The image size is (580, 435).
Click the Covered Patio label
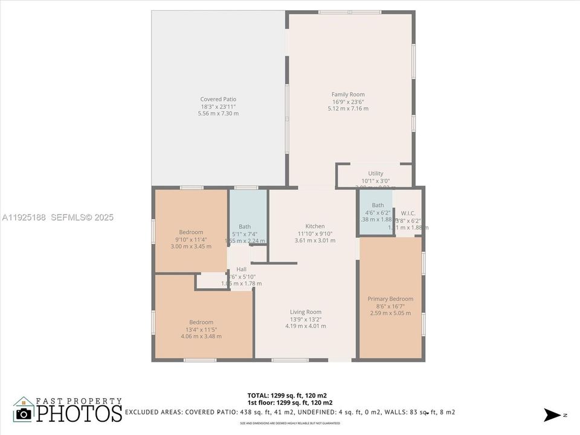pyautogui.click(x=218, y=99)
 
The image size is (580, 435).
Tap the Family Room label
pyautogui.click(x=348, y=94)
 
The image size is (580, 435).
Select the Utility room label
pyautogui.click(x=376, y=173)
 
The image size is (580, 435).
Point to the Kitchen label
pyautogui.click(x=315, y=227)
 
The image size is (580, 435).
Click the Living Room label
pyautogui.click(x=306, y=312)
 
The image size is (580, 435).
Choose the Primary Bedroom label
pyautogui.click(x=390, y=299)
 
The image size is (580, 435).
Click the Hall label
pyautogui.click(x=242, y=269)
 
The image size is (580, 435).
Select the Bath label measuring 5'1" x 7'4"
pyautogui.click(x=245, y=227)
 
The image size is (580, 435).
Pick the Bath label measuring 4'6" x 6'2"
pyautogui.click(x=378, y=205)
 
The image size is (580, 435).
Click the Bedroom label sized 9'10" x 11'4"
pyautogui.click(x=191, y=232)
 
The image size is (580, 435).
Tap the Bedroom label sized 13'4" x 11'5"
pyautogui.click(x=201, y=322)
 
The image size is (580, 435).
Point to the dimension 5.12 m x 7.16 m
pyautogui.click(x=348, y=109)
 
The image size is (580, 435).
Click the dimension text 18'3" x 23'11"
pyautogui.click(x=218, y=106)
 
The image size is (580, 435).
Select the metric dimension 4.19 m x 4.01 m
pyautogui.click(x=306, y=326)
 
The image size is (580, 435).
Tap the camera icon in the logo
pyautogui.click(x=24, y=413)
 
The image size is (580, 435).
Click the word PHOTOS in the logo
pyautogui.click(x=79, y=413)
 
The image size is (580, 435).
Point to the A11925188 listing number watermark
pyautogui.click(x=24, y=217)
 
